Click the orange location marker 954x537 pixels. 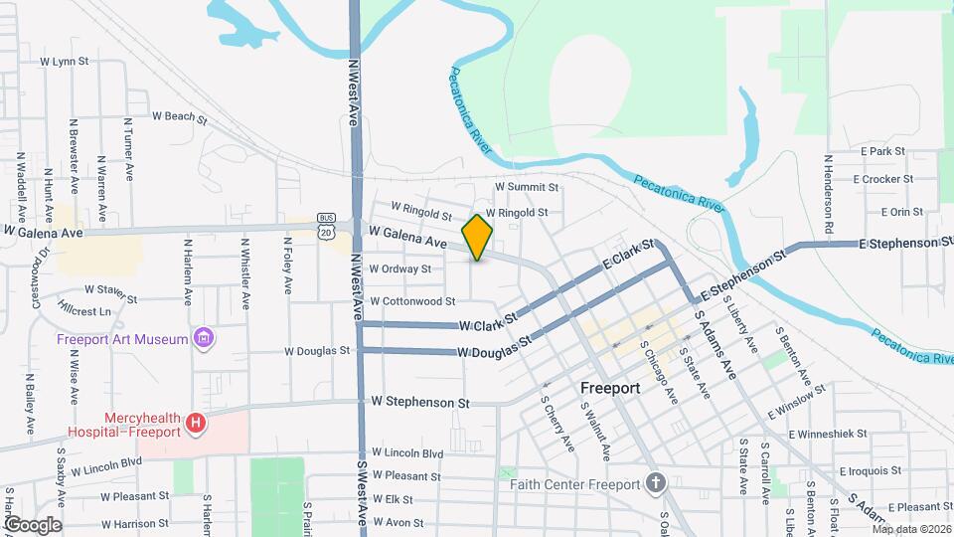pos(478,237)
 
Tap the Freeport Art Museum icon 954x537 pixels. pos(205,339)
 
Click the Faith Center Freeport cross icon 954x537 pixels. pos(655,484)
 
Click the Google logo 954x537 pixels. pos(32,524)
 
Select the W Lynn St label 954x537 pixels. pos(65,61)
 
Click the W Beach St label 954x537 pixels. pos(179,116)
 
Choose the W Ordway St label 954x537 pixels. pos(399,268)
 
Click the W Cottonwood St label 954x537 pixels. pos(411,300)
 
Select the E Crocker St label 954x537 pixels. pos(882,179)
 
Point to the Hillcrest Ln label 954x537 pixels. pos(84,310)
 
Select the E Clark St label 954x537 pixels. pos(628,256)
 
